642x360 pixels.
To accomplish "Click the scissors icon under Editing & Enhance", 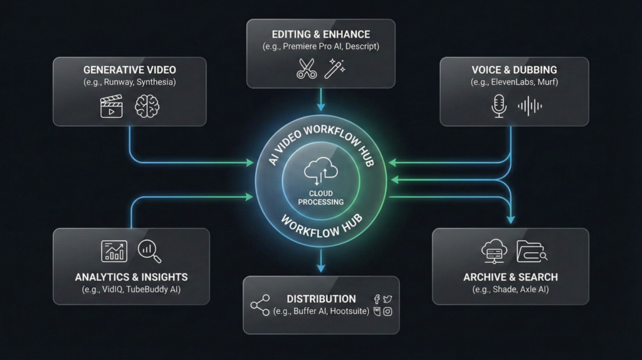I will (x=307, y=68).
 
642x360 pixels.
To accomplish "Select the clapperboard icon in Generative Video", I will (x=112, y=106).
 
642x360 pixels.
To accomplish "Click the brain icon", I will (x=147, y=106).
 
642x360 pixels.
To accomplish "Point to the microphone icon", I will (x=498, y=106).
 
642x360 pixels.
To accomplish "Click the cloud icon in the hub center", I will (x=320, y=171).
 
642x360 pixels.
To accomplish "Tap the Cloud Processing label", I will (x=321, y=198).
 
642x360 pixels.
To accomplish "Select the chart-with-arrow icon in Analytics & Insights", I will (x=114, y=251).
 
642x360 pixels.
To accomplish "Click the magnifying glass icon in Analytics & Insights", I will (x=150, y=251).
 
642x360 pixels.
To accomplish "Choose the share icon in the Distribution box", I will (x=260, y=305).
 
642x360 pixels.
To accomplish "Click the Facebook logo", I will (x=377, y=299).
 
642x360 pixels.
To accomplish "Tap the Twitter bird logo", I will (x=387, y=299).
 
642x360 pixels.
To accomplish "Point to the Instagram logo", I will (x=387, y=311).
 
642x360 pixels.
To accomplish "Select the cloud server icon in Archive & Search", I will (x=493, y=251).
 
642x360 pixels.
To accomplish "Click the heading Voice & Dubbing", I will (x=514, y=70).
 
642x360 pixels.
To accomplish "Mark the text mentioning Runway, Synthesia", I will (x=129, y=82).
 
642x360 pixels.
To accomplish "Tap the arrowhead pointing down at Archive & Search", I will (x=510, y=220).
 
